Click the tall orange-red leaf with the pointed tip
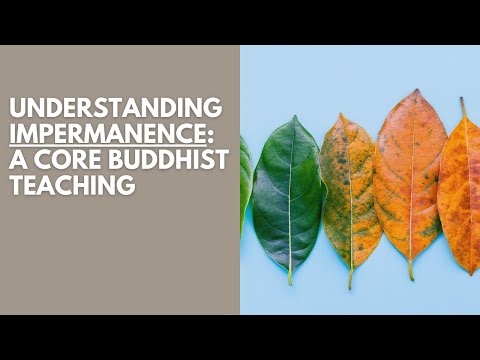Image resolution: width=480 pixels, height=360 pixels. coord(410,180)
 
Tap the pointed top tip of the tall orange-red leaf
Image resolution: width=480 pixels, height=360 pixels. coord(415,91)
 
